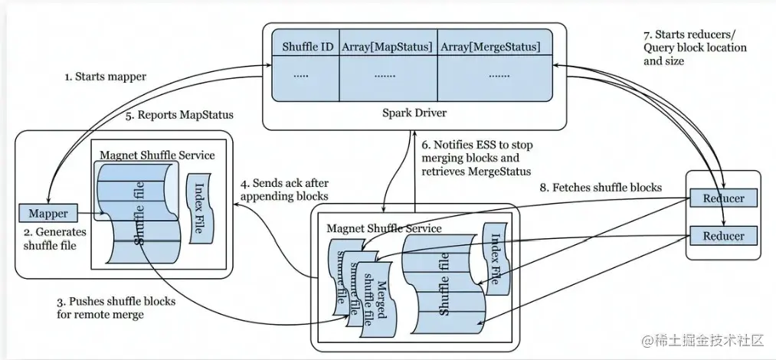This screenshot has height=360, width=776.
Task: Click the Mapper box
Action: [48, 213]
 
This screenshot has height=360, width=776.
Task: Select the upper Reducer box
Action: [724, 198]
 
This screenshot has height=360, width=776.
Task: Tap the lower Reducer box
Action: [724, 235]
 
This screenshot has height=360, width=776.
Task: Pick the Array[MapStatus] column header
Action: [387, 47]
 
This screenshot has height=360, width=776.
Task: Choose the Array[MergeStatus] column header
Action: [490, 47]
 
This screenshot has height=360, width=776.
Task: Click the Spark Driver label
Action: [414, 113]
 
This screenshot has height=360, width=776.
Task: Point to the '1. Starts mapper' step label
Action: [105, 77]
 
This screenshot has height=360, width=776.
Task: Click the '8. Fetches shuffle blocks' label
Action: [601, 188]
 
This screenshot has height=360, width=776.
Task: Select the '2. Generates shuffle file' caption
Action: [55, 238]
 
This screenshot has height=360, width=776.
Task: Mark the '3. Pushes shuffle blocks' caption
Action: [116, 307]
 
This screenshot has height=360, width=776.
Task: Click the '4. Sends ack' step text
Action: [284, 190]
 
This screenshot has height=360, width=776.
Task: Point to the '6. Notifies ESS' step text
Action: [477, 159]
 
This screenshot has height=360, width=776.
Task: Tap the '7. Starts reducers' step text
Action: [695, 48]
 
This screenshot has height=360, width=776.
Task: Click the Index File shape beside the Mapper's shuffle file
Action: [199, 208]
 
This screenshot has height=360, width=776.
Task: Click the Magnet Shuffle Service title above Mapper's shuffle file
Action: [157, 155]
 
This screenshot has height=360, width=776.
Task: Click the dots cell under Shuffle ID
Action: [301, 77]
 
